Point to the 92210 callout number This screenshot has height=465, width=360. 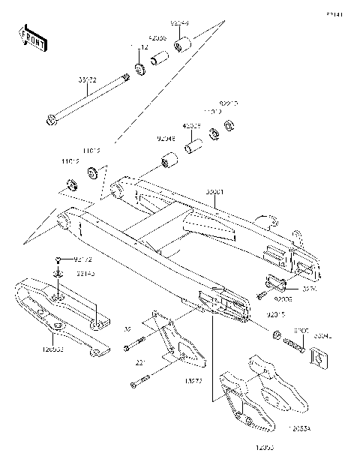(x=229, y=103)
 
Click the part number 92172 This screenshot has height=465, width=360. (x=82, y=259)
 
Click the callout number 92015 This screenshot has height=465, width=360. (x=278, y=318)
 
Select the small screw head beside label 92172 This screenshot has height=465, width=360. (x=58, y=258)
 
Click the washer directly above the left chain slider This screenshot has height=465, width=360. (x=58, y=274)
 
